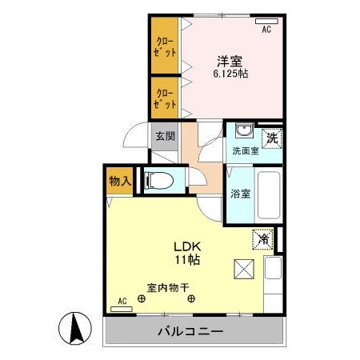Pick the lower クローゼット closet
point(166,98)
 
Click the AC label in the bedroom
point(266,29)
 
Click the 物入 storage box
point(119,181)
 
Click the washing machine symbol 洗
point(271,135)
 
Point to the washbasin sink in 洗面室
point(243,132)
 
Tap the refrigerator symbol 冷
point(263,237)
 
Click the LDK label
point(189,246)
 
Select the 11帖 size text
point(190,260)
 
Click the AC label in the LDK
point(122,301)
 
